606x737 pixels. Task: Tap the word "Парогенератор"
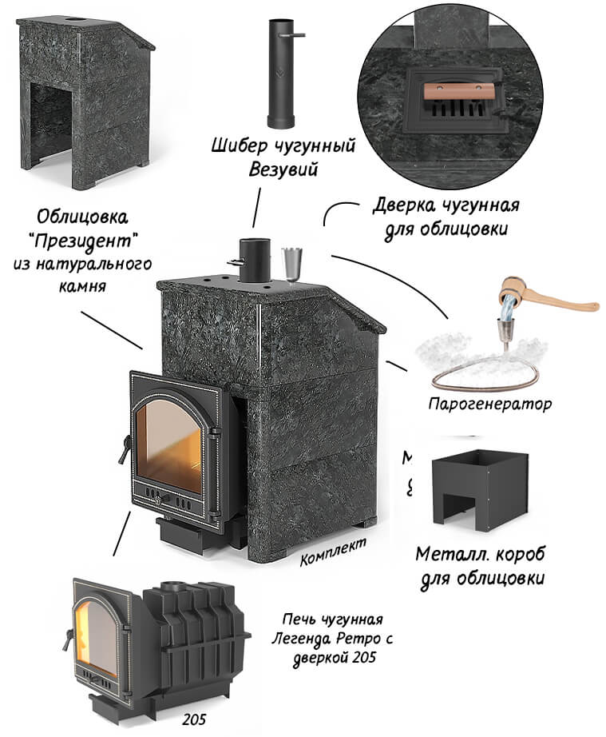click(x=489, y=404)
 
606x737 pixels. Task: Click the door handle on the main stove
click(x=122, y=452)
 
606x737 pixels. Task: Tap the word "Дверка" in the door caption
click(x=406, y=206)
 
